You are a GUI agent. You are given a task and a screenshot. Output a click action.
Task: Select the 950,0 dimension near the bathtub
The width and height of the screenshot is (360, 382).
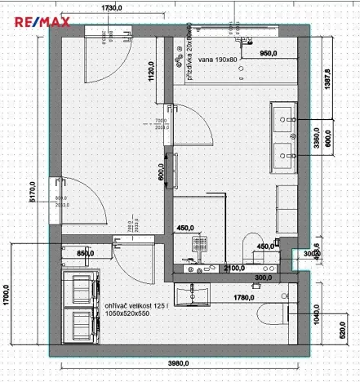click(x=271, y=52)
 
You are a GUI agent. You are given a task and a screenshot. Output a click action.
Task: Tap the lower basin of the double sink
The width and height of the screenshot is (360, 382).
click(x=287, y=152)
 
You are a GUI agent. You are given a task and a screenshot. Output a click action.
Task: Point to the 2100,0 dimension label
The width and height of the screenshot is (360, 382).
click(x=235, y=268)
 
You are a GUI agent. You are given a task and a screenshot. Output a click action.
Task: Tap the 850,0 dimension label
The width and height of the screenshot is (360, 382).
click(x=86, y=254)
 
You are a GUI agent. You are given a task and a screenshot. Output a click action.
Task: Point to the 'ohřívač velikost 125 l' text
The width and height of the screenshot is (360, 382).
click(x=139, y=305)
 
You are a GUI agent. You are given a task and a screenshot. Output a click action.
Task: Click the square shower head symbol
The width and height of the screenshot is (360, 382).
click(x=198, y=243)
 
